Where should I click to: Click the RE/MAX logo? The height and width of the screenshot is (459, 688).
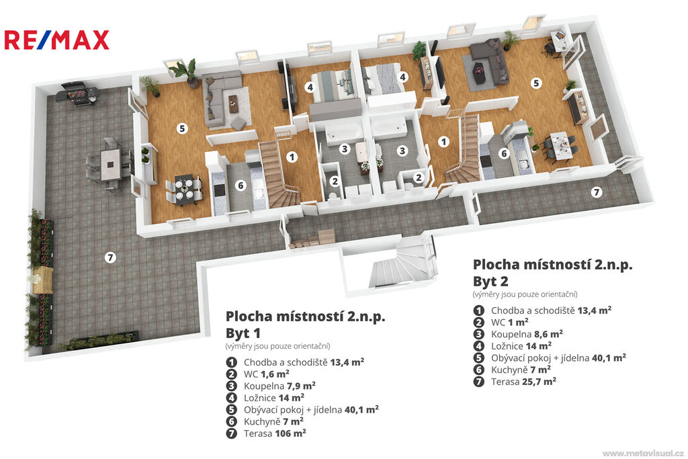(56, 40)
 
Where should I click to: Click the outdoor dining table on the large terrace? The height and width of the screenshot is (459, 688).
(110, 164)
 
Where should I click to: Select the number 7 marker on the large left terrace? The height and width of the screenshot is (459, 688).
(110, 257)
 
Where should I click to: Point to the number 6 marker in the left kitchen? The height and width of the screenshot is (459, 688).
(240, 185)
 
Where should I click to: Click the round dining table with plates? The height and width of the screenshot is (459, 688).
(184, 190)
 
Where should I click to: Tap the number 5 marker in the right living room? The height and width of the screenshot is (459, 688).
(535, 83)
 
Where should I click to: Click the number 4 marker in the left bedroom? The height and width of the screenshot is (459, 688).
(310, 87)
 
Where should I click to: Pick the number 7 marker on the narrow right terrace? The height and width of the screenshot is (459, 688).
(597, 192)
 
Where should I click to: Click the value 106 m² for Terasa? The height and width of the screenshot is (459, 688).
(290, 433)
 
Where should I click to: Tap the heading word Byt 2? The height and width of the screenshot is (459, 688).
(490, 282)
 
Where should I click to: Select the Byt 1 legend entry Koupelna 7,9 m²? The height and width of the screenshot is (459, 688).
(271, 386)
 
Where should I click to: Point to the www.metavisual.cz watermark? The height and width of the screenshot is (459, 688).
(643, 453)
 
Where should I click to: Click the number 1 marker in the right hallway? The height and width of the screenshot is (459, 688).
(443, 142)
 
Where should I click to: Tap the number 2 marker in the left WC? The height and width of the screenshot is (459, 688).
(335, 181)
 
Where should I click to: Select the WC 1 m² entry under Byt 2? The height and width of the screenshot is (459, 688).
(501, 322)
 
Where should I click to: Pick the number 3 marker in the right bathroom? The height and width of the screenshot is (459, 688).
(402, 151)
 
